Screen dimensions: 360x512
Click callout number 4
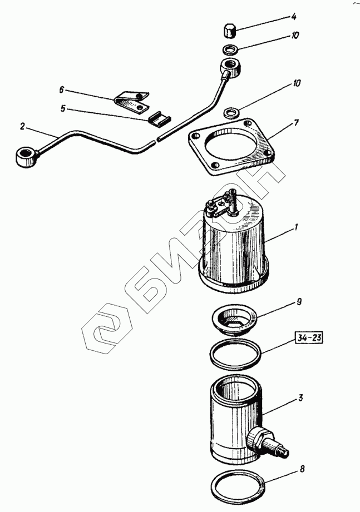(x=294, y=17)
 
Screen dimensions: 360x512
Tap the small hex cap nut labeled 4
(x=230, y=31)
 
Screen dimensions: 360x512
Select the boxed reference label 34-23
(x=309, y=338)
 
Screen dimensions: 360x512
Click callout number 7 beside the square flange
(x=296, y=123)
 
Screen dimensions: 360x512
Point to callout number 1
(x=296, y=227)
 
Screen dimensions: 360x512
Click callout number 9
(x=299, y=301)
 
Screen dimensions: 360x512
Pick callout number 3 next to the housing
(x=300, y=397)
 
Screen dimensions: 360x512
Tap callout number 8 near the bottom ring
(x=302, y=469)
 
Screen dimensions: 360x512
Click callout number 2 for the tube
(x=22, y=126)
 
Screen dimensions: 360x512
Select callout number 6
(x=62, y=90)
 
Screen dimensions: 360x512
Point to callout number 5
(x=63, y=108)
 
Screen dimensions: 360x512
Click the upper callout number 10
(x=295, y=35)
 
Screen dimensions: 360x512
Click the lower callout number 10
(x=295, y=83)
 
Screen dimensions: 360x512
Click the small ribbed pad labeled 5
(x=160, y=117)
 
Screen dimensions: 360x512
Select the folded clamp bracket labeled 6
(x=132, y=101)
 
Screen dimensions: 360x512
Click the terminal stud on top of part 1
(x=233, y=202)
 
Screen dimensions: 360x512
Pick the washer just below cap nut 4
(x=230, y=50)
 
